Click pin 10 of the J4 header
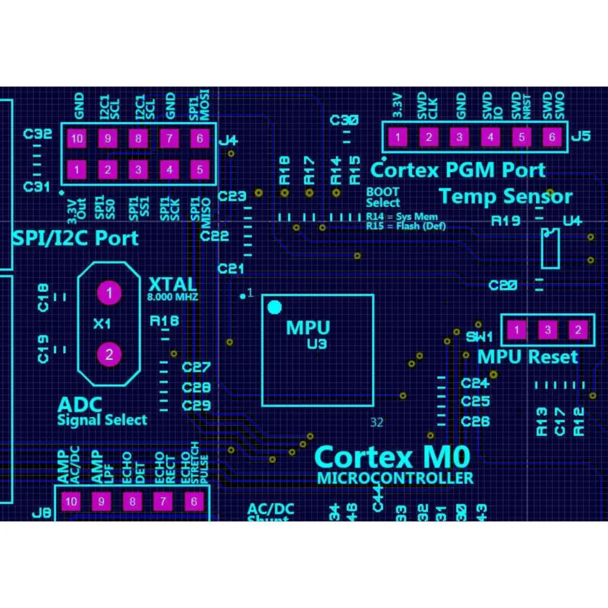coord(77,139)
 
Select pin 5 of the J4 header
coord(200,168)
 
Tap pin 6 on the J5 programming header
coord(552,137)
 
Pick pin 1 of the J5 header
coord(397,137)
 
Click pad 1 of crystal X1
coord(109,293)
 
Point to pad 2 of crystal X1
coord(109,354)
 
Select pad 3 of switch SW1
coord(548,330)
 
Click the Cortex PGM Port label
coord(458,170)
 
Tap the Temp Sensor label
coord(506,196)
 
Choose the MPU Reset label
coord(527,356)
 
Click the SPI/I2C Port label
coord(75,238)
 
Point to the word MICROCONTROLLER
coord(395,478)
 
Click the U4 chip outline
coord(550,247)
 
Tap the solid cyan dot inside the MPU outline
coord(275,308)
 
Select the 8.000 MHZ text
coord(173,298)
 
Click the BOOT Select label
coord(383,198)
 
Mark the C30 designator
coord(344,120)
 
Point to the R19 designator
coord(506,221)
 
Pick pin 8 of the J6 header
coord(132,502)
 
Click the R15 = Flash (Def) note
coord(406,226)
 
